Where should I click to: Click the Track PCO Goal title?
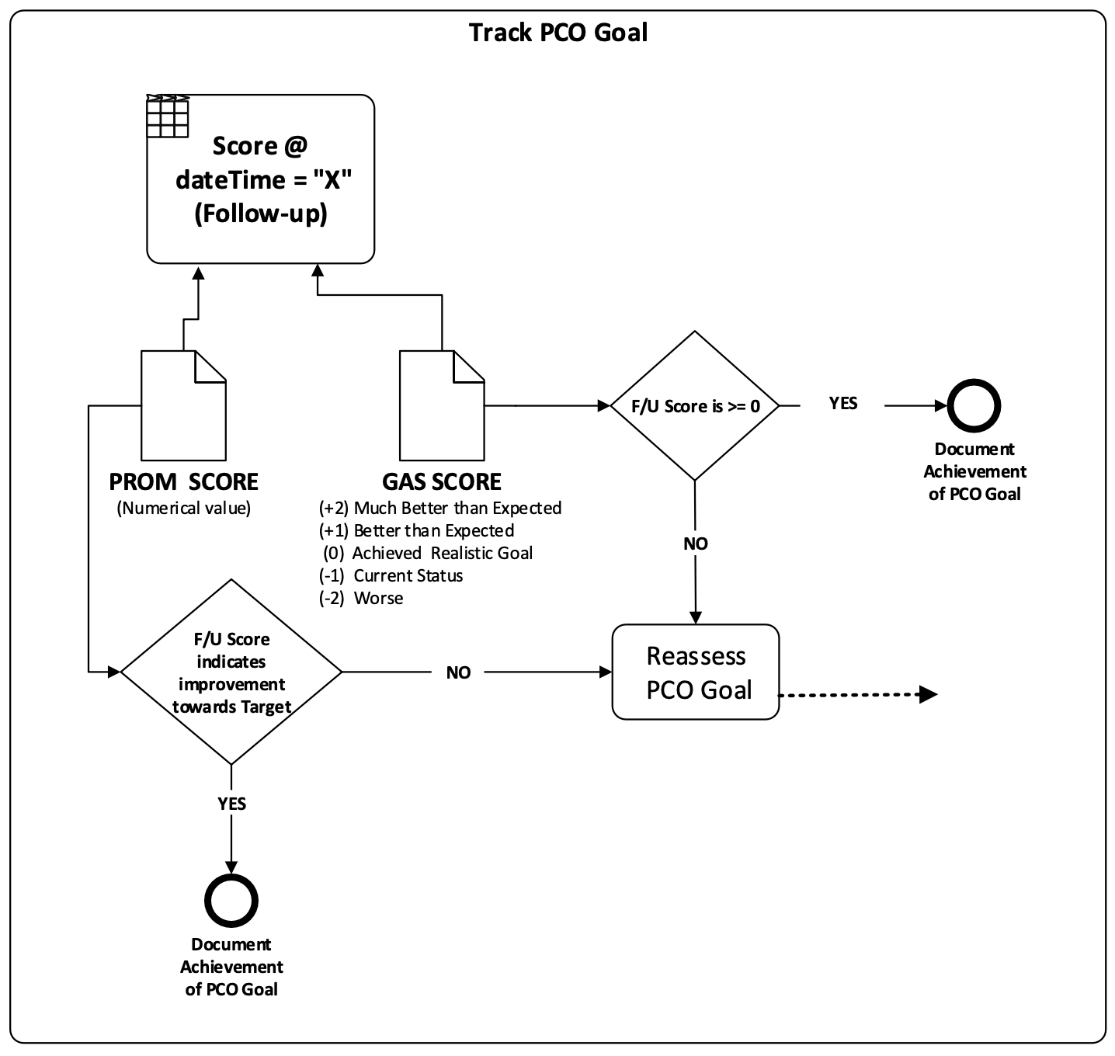[x=557, y=33]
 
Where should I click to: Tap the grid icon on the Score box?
[x=168, y=117]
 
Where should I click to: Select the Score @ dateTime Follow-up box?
[x=261, y=180]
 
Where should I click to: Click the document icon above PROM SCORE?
[x=183, y=405]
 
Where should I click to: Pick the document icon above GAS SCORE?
[x=441, y=405]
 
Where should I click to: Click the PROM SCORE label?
[x=183, y=481]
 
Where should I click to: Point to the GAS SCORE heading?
[x=441, y=481]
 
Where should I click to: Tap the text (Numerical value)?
[x=183, y=509]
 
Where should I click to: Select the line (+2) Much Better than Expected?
[x=440, y=508]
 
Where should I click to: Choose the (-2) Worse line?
[x=361, y=598]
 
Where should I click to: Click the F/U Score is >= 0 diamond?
[x=695, y=405]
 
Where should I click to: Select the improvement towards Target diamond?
[x=231, y=672]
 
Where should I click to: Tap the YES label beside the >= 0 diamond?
[x=842, y=403]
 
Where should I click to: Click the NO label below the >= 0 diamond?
[x=695, y=544]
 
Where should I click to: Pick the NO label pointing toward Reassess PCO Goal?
[x=458, y=672]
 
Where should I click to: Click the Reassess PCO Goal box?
[x=696, y=672]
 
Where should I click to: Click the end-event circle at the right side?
[x=974, y=405]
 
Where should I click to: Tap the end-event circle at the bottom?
[x=231, y=901]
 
